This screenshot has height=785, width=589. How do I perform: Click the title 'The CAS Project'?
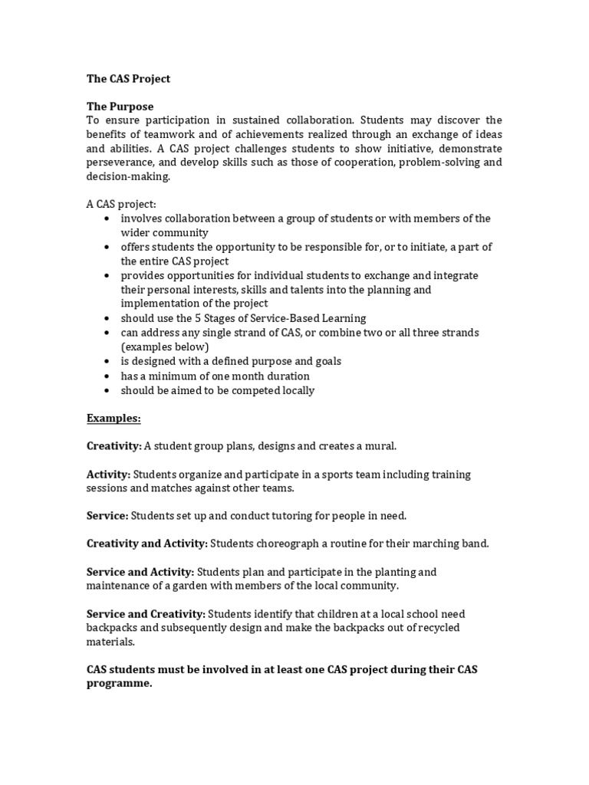point(128,79)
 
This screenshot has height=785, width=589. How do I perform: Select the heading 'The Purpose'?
point(120,107)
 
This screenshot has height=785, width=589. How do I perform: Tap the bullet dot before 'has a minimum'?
point(106,376)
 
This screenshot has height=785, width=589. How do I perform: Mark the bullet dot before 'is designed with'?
point(106,362)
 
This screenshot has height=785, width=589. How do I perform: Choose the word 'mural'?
point(381,445)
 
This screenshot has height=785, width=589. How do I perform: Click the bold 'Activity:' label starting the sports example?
point(108,474)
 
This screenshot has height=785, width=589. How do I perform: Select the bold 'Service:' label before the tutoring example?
point(107,516)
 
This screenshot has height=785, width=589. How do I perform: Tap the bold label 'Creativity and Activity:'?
point(147,544)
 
